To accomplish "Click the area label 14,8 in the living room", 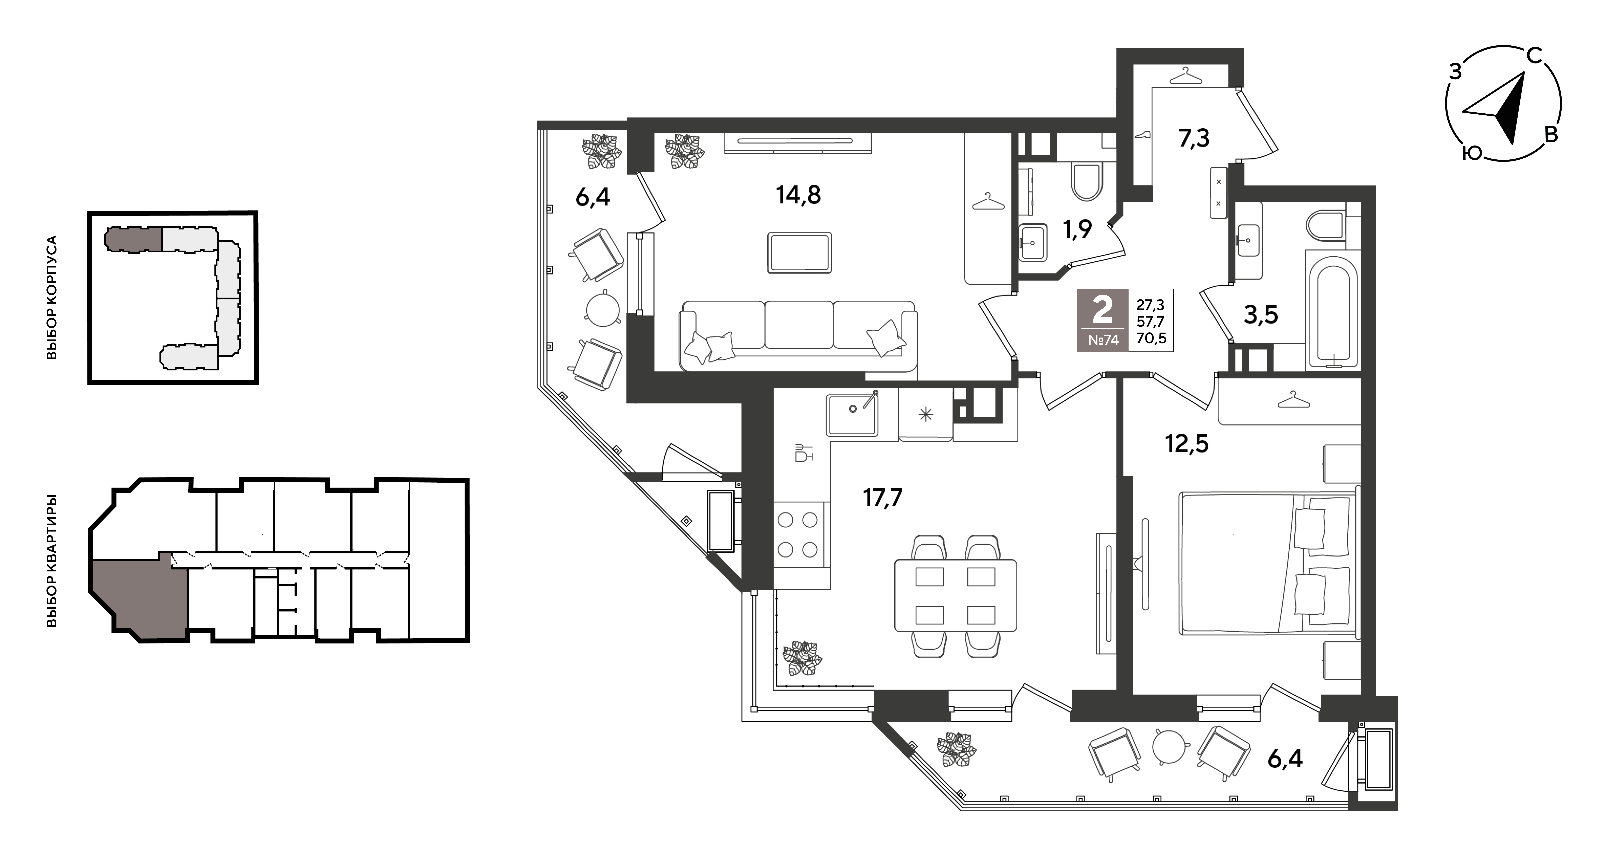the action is coord(798,195).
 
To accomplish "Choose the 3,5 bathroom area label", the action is coord(1261,315).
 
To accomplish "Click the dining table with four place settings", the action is coord(955,595).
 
